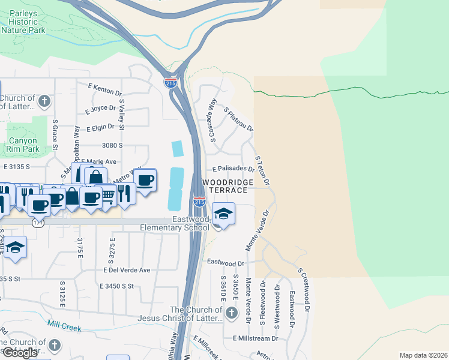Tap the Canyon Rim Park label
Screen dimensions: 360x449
23,145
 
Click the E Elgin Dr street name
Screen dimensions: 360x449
104,128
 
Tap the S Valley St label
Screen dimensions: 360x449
122,115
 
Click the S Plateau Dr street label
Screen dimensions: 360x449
238,119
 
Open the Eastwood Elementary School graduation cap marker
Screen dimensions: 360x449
223,214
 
